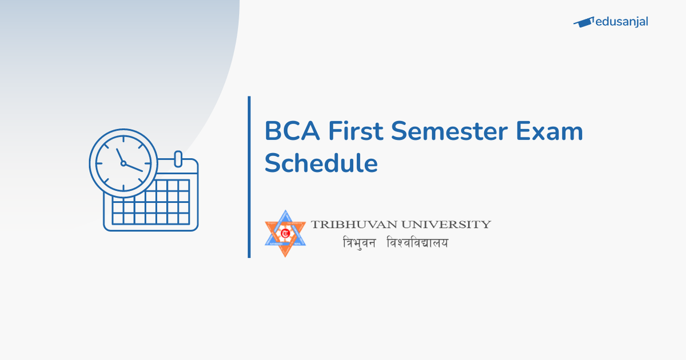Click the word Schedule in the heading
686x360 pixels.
pyautogui.click(x=321, y=163)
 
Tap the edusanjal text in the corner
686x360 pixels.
pyautogui.click(x=621, y=22)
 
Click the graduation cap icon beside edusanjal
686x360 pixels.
pyautogui.click(x=583, y=22)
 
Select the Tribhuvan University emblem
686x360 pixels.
pyautogui.click(x=285, y=233)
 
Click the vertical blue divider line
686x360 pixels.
pyautogui.click(x=249, y=177)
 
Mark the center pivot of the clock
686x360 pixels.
pyautogui.click(x=123, y=163)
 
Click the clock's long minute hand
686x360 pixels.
pyautogui.click(x=134, y=167)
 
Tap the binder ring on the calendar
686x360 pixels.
pyautogui.click(x=177, y=158)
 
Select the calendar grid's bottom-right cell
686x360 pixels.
pyautogui.click(x=183, y=218)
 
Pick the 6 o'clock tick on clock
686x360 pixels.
pyautogui.click(x=123, y=188)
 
